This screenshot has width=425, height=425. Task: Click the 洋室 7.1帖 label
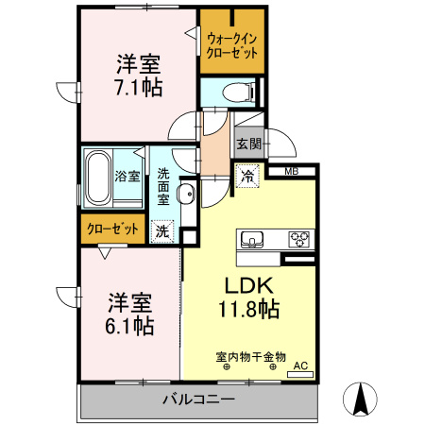click(x=139, y=76)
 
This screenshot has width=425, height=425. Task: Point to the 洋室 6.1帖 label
click(x=129, y=314)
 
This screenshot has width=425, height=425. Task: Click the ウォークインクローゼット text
click(x=231, y=44)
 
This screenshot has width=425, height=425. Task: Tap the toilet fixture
click(x=239, y=93)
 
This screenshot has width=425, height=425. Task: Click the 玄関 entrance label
click(x=248, y=144)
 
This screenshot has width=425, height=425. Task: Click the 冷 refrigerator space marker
click(x=246, y=176)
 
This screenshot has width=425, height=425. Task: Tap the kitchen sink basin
click(x=254, y=237)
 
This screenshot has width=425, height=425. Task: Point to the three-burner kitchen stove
click(x=299, y=237)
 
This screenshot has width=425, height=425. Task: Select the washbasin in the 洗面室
click(x=185, y=195)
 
